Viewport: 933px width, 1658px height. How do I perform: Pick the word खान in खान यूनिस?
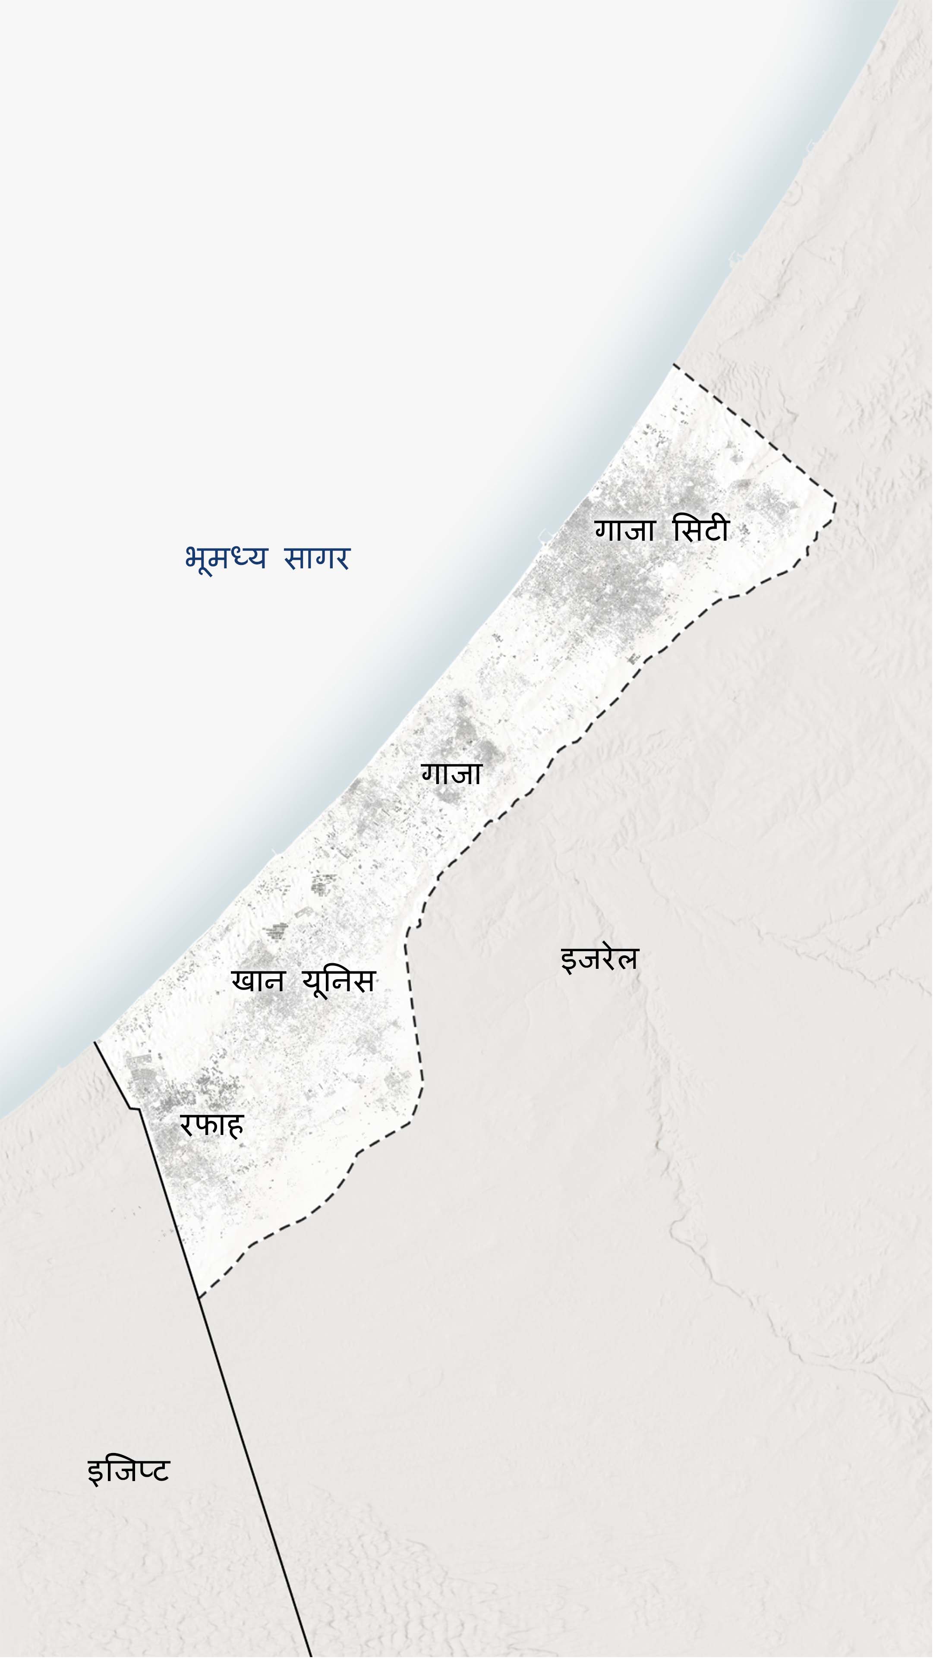click(x=257, y=981)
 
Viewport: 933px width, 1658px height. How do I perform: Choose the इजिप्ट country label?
click(x=128, y=1471)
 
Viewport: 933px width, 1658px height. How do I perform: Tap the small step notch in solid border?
click(x=135, y=1108)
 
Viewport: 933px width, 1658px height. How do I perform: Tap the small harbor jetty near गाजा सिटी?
click(x=545, y=534)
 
